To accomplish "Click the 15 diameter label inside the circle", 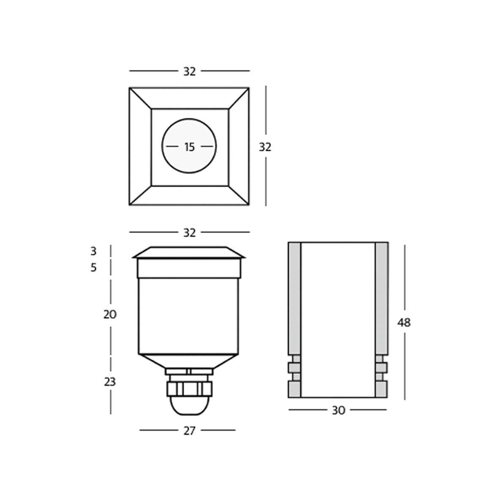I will (189, 147).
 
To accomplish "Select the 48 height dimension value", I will (404, 323).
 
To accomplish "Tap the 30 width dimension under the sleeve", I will (338, 410).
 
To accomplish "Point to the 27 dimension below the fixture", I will (189, 431).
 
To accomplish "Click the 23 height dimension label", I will (109, 382).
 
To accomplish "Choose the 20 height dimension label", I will (110, 315).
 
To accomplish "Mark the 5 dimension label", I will (93, 268).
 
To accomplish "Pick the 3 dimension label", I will (93, 251).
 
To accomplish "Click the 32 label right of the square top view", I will (265, 147).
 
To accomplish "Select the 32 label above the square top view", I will (189, 71).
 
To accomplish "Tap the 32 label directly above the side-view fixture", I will (189, 233).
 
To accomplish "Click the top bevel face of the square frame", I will (189, 98).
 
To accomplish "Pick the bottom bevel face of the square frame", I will (189, 195).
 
